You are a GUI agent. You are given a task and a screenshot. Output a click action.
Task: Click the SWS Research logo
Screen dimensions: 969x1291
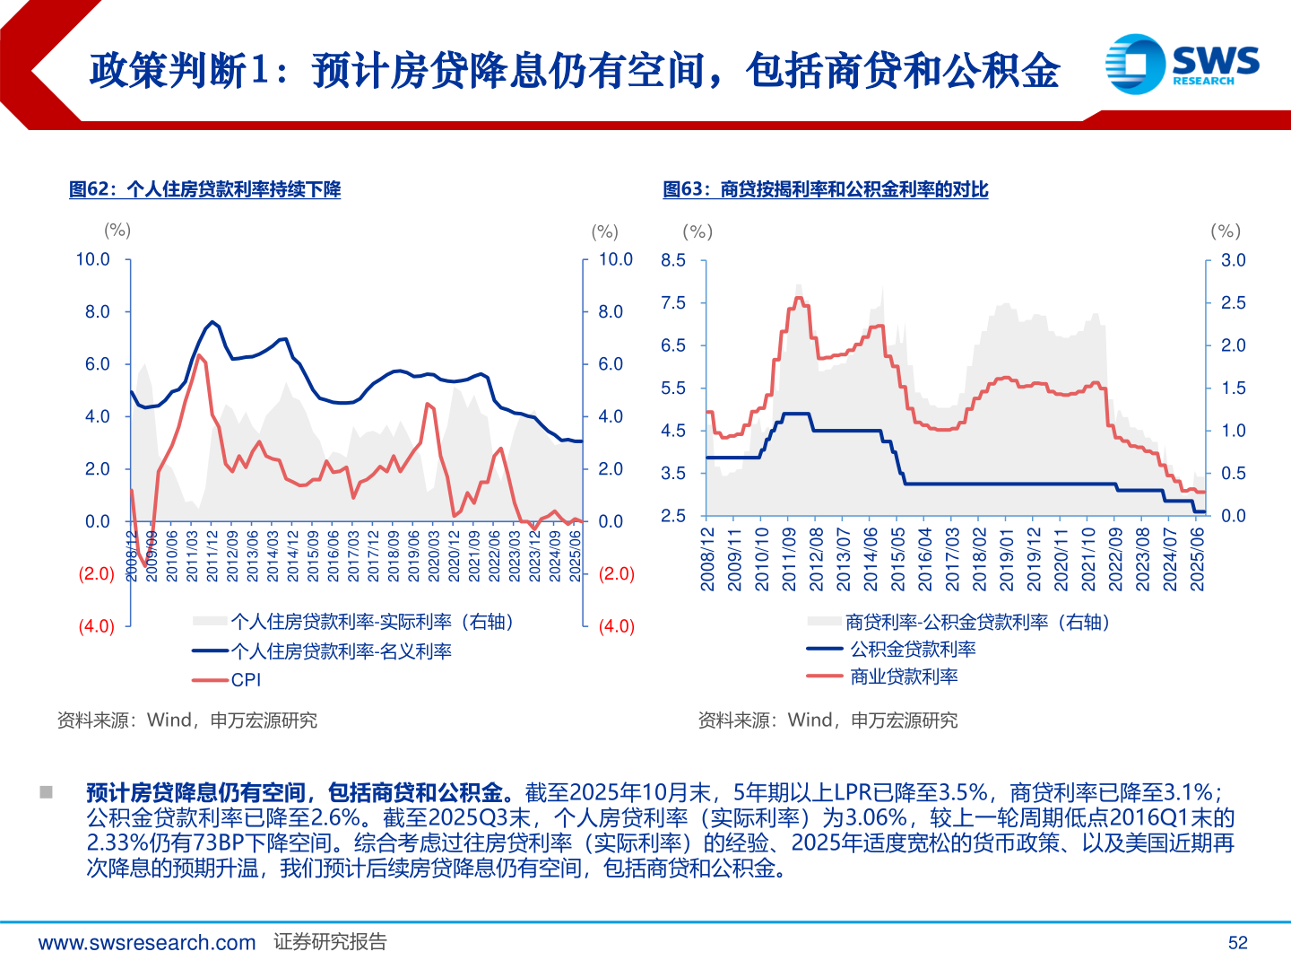(1182, 64)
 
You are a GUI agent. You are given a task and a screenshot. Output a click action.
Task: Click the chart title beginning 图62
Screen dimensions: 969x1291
(204, 189)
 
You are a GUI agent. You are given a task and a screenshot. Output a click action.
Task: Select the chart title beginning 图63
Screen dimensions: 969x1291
(825, 189)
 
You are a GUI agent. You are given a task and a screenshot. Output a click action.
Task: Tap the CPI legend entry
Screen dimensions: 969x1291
(246, 680)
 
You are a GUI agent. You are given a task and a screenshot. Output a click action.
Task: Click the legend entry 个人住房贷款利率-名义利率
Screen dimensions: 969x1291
(341, 651)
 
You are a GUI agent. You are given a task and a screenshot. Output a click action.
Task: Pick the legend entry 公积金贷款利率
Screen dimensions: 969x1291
(913, 649)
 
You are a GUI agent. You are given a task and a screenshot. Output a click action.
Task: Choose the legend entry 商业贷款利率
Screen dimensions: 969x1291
(904, 677)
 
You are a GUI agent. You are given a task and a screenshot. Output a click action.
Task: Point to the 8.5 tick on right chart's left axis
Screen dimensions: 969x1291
(673, 260)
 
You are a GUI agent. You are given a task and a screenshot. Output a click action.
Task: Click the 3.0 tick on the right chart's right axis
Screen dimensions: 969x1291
(1233, 260)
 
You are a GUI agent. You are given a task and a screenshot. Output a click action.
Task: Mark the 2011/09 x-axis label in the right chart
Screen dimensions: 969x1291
(789, 559)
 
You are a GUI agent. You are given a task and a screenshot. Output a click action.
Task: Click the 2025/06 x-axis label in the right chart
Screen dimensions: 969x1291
(1197, 559)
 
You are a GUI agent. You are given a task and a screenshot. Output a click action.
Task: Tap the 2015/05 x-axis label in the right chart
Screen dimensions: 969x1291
(897, 559)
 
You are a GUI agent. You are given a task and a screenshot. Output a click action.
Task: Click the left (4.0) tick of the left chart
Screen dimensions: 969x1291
(96, 626)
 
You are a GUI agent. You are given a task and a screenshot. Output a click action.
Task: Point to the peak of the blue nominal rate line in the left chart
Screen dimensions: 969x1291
(212, 321)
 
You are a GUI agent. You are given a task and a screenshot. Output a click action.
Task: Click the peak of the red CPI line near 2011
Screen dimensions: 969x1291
(198, 355)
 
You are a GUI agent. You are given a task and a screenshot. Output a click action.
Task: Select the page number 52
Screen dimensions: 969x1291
(1237, 943)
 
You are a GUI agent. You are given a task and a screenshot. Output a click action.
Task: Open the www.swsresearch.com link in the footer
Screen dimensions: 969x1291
(147, 943)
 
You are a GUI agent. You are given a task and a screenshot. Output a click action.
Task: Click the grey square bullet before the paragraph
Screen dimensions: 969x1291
(46, 792)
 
